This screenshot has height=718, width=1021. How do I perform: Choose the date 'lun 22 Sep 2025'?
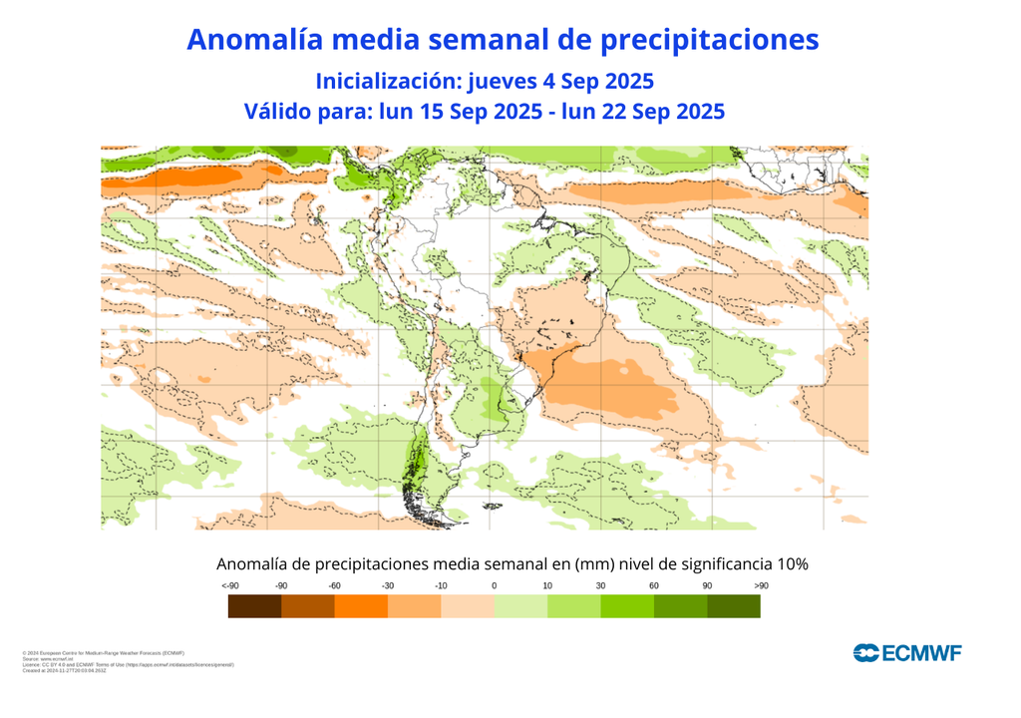[643, 112]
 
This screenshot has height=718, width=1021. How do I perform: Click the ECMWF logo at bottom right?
[907, 652]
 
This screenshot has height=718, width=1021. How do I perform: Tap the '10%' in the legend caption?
[789, 564]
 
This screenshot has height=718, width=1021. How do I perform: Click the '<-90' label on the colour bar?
[229, 585]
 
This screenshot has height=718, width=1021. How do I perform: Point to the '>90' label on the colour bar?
[761, 585]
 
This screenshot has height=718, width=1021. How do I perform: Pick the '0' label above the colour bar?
[495, 585]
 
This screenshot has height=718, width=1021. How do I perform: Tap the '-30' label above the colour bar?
[388, 585]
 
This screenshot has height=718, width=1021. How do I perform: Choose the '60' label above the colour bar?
[654, 585]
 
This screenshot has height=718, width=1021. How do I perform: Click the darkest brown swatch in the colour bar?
[254, 605]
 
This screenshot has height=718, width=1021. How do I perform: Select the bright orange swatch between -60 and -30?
[361, 605]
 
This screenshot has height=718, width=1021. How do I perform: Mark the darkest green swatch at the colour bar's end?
[734, 605]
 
